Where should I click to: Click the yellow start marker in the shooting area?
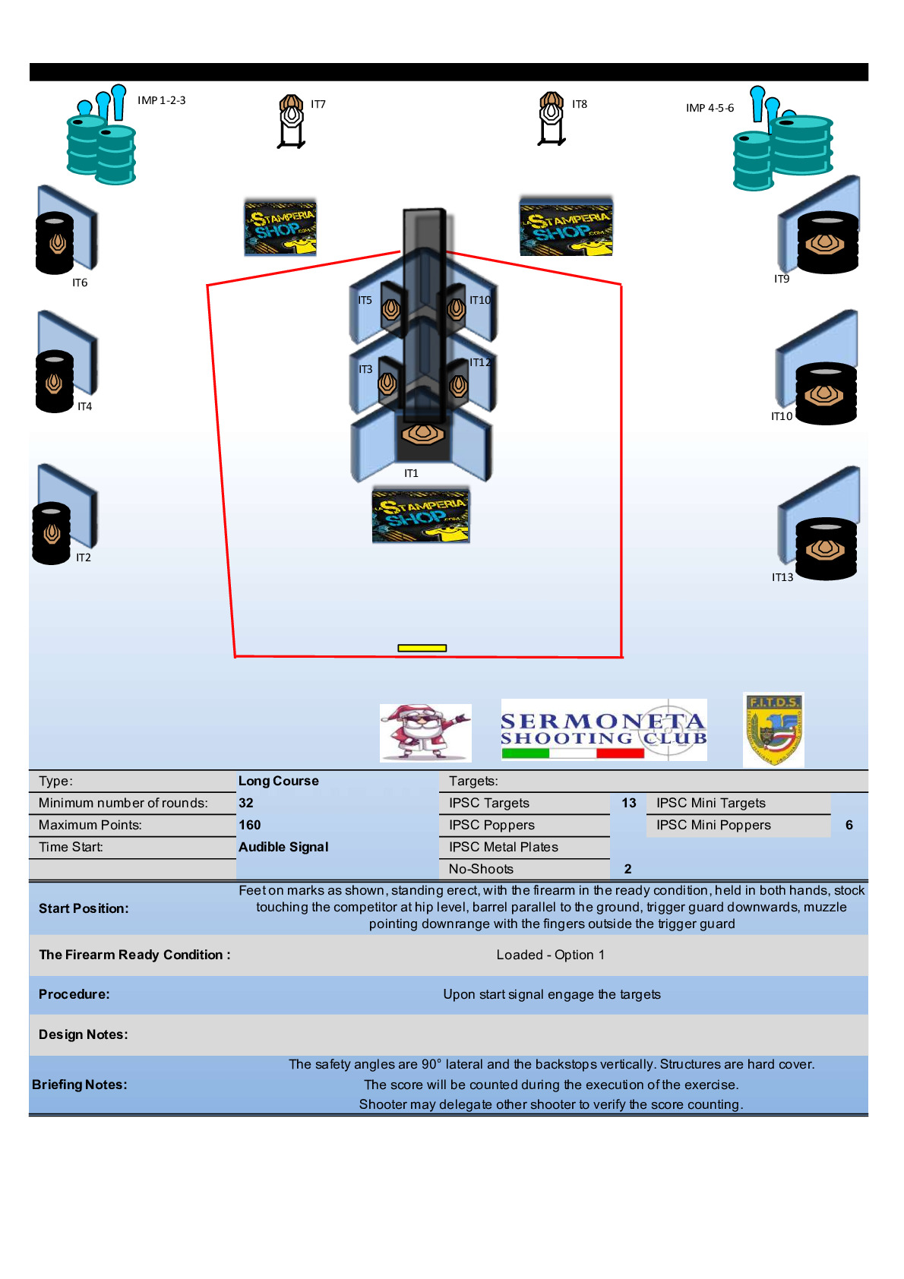pyautogui.click(x=422, y=648)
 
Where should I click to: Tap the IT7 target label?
pyautogui.click(x=318, y=104)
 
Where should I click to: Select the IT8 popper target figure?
pyautogui.click(x=552, y=118)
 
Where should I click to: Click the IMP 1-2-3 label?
pyautogui.click(x=161, y=100)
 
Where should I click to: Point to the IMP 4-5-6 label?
pyautogui.click(x=710, y=108)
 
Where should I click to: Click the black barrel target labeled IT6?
pyautogui.click(x=55, y=242)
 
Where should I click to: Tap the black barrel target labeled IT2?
pyautogui.click(x=52, y=533)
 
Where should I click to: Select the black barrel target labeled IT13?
pyautogui.click(x=826, y=548)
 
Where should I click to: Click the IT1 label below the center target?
pyautogui.click(x=411, y=473)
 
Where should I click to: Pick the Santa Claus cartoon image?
pyautogui.click(x=425, y=732)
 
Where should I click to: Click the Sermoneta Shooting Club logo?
pyautogui.click(x=604, y=730)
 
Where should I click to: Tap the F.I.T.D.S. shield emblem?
pyautogui.click(x=773, y=729)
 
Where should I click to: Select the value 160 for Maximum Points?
pyautogui.click(x=250, y=825)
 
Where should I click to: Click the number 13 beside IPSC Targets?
pyautogui.click(x=629, y=803)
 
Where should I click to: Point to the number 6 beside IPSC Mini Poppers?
pyautogui.click(x=849, y=825)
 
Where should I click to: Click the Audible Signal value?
pyautogui.click(x=283, y=847)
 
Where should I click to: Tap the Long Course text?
pyautogui.click(x=279, y=781)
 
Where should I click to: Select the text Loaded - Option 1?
pyautogui.click(x=551, y=955)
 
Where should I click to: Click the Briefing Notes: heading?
pyautogui.click(x=80, y=1085)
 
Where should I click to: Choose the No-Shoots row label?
pyautogui.click(x=481, y=869)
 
